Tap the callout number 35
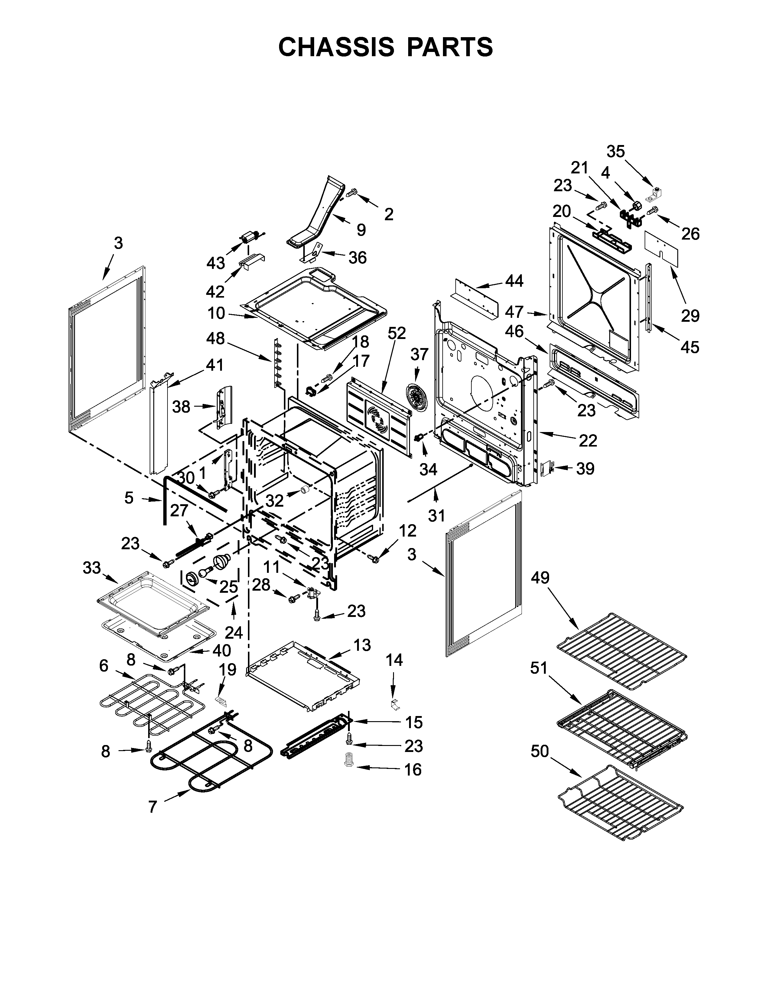pos(615,152)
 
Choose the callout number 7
pos(153,807)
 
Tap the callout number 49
pos(540,578)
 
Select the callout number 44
pos(514,281)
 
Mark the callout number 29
pos(690,315)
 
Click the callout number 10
pos(216,313)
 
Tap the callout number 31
pos(436,516)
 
